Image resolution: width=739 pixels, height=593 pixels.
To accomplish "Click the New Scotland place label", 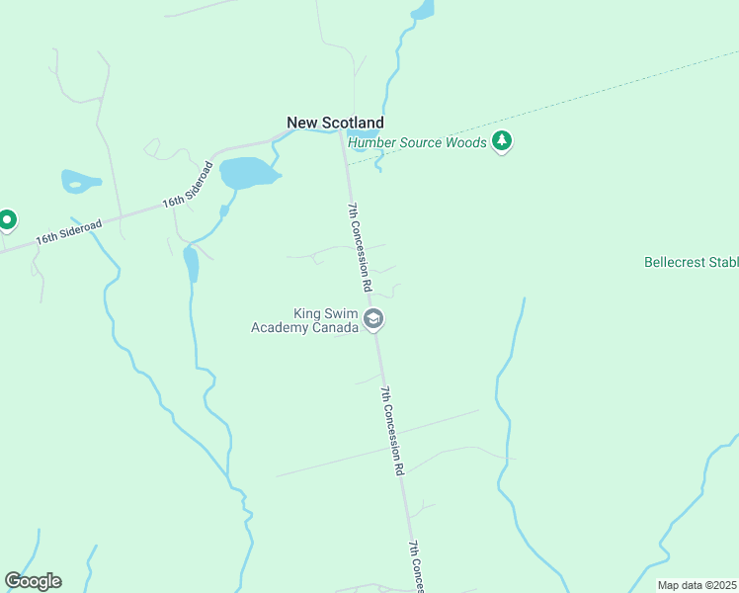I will [335, 123].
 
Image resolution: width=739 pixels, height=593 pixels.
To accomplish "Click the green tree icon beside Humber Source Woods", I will [503, 141].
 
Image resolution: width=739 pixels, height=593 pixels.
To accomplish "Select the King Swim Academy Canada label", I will [304, 320].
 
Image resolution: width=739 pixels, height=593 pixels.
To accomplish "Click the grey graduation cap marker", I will [373, 319].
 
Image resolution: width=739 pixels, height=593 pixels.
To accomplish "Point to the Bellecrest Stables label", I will [691, 263].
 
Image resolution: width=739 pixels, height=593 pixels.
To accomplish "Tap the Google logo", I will [33, 581].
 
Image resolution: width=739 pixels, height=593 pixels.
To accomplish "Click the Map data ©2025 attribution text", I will [698, 585].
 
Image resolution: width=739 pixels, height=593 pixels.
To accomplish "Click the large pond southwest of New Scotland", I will [247, 174].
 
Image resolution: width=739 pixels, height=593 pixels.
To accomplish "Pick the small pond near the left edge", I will [80, 182].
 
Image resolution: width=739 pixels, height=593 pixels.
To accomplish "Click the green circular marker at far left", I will [7, 219].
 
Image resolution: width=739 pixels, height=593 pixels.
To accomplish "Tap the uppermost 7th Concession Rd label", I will [359, 246].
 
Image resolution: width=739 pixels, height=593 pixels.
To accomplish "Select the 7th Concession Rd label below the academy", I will [393, 431].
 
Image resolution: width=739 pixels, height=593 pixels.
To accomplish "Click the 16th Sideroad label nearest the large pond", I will [188, 187].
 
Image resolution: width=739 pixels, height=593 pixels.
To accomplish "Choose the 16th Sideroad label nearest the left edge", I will [68, 233].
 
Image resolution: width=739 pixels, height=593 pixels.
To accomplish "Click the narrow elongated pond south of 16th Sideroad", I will [191, 264].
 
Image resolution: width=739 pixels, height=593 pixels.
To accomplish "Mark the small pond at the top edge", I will [423, 11].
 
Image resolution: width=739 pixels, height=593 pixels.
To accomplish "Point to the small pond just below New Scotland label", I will [364, 133].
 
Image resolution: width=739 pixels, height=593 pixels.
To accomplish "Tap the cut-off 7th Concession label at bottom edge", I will [417, 567].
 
